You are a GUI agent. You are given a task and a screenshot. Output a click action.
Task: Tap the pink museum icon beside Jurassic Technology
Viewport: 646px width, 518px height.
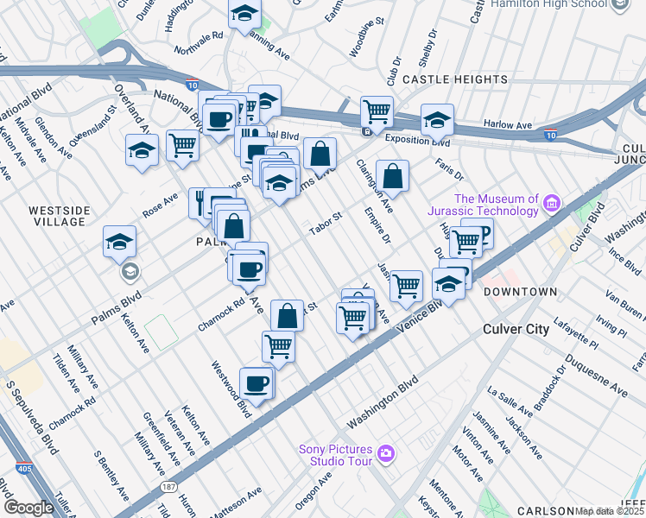tap(551, 205)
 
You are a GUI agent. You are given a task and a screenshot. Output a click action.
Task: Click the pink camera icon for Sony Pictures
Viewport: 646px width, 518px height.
tap(385, 452)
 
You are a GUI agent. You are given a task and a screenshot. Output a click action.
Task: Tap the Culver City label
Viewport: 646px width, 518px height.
tap(516, 329)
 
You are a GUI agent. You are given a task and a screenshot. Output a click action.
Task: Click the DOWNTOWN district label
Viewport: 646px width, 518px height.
tap(520, 292)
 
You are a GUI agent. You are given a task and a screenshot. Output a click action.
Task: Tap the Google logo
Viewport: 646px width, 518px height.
tap(28, 508)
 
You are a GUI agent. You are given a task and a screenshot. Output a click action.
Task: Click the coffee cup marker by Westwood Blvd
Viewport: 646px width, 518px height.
tap(256, 382)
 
